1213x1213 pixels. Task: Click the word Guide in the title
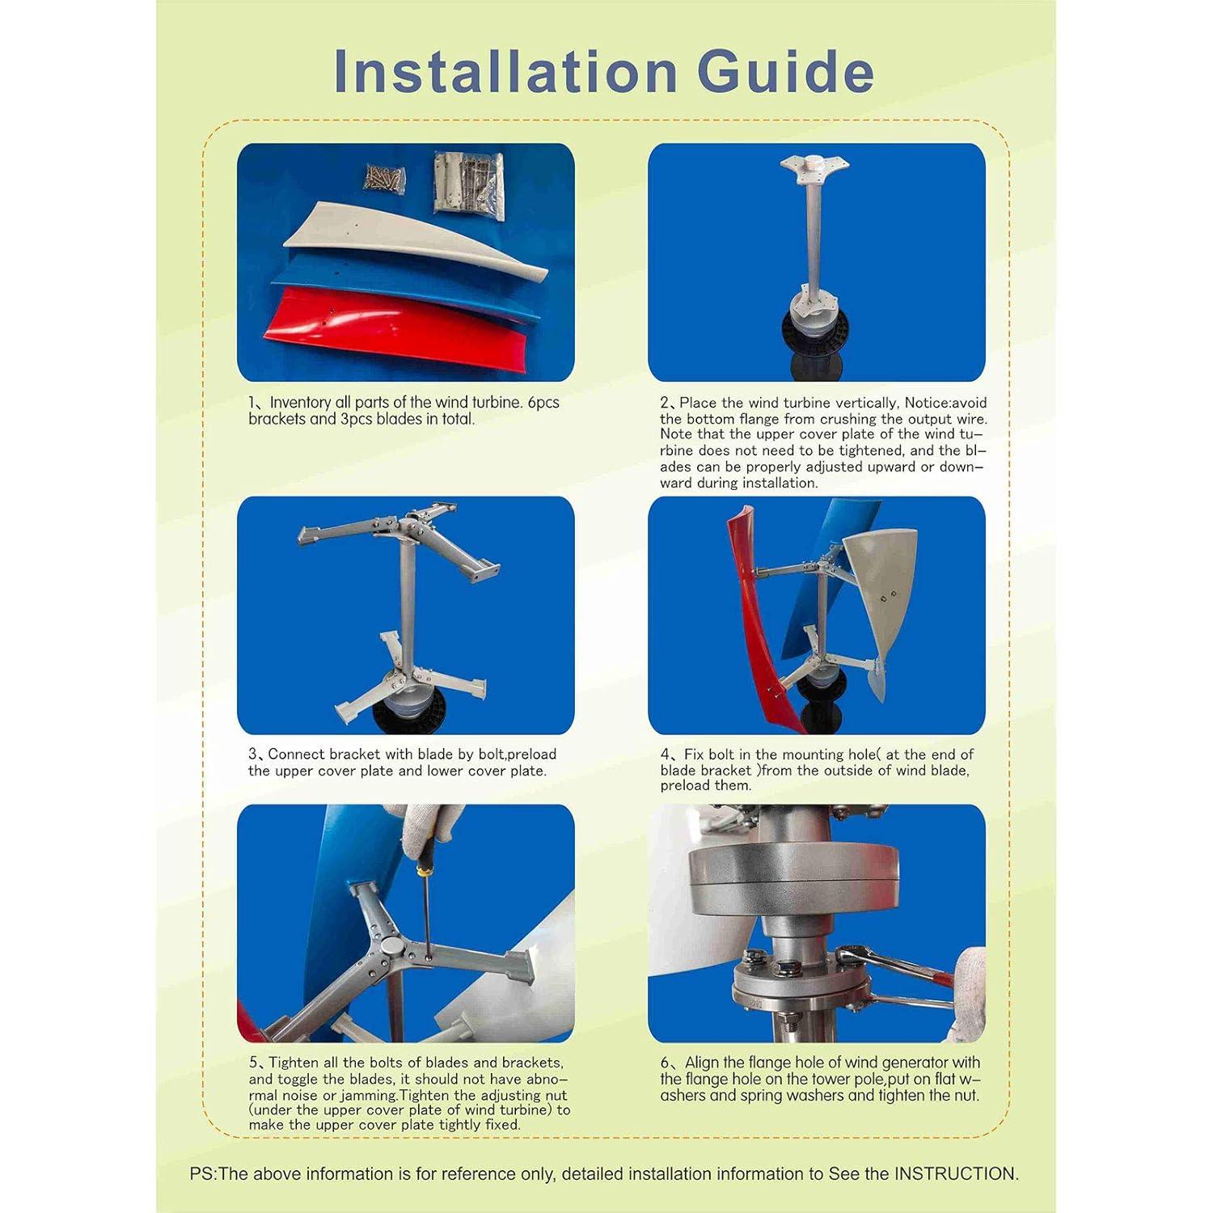point(785,71)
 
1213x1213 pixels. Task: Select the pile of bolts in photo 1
point(384,178)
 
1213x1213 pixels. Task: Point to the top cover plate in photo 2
point(815,167)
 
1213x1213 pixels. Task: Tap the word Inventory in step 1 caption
point(299,403)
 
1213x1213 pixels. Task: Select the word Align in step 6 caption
point(702,1063)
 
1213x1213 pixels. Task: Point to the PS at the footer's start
point(202,1173)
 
